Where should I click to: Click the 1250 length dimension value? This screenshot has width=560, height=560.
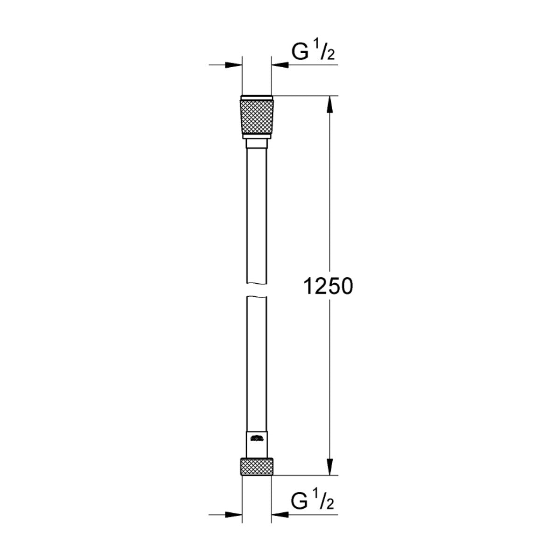coord(328,287)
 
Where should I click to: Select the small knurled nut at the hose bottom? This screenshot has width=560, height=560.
coord(256,466)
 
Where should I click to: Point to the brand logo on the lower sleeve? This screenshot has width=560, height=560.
coord(256,438)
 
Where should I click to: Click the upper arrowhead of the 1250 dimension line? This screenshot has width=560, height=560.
coord(330,105)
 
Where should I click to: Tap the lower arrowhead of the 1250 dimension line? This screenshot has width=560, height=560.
coord(330,467)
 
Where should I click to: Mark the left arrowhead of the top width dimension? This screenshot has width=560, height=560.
coord(234,65)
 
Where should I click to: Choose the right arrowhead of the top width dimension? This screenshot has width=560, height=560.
coord(280,65)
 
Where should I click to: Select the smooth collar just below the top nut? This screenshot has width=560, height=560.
coord(256,142)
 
